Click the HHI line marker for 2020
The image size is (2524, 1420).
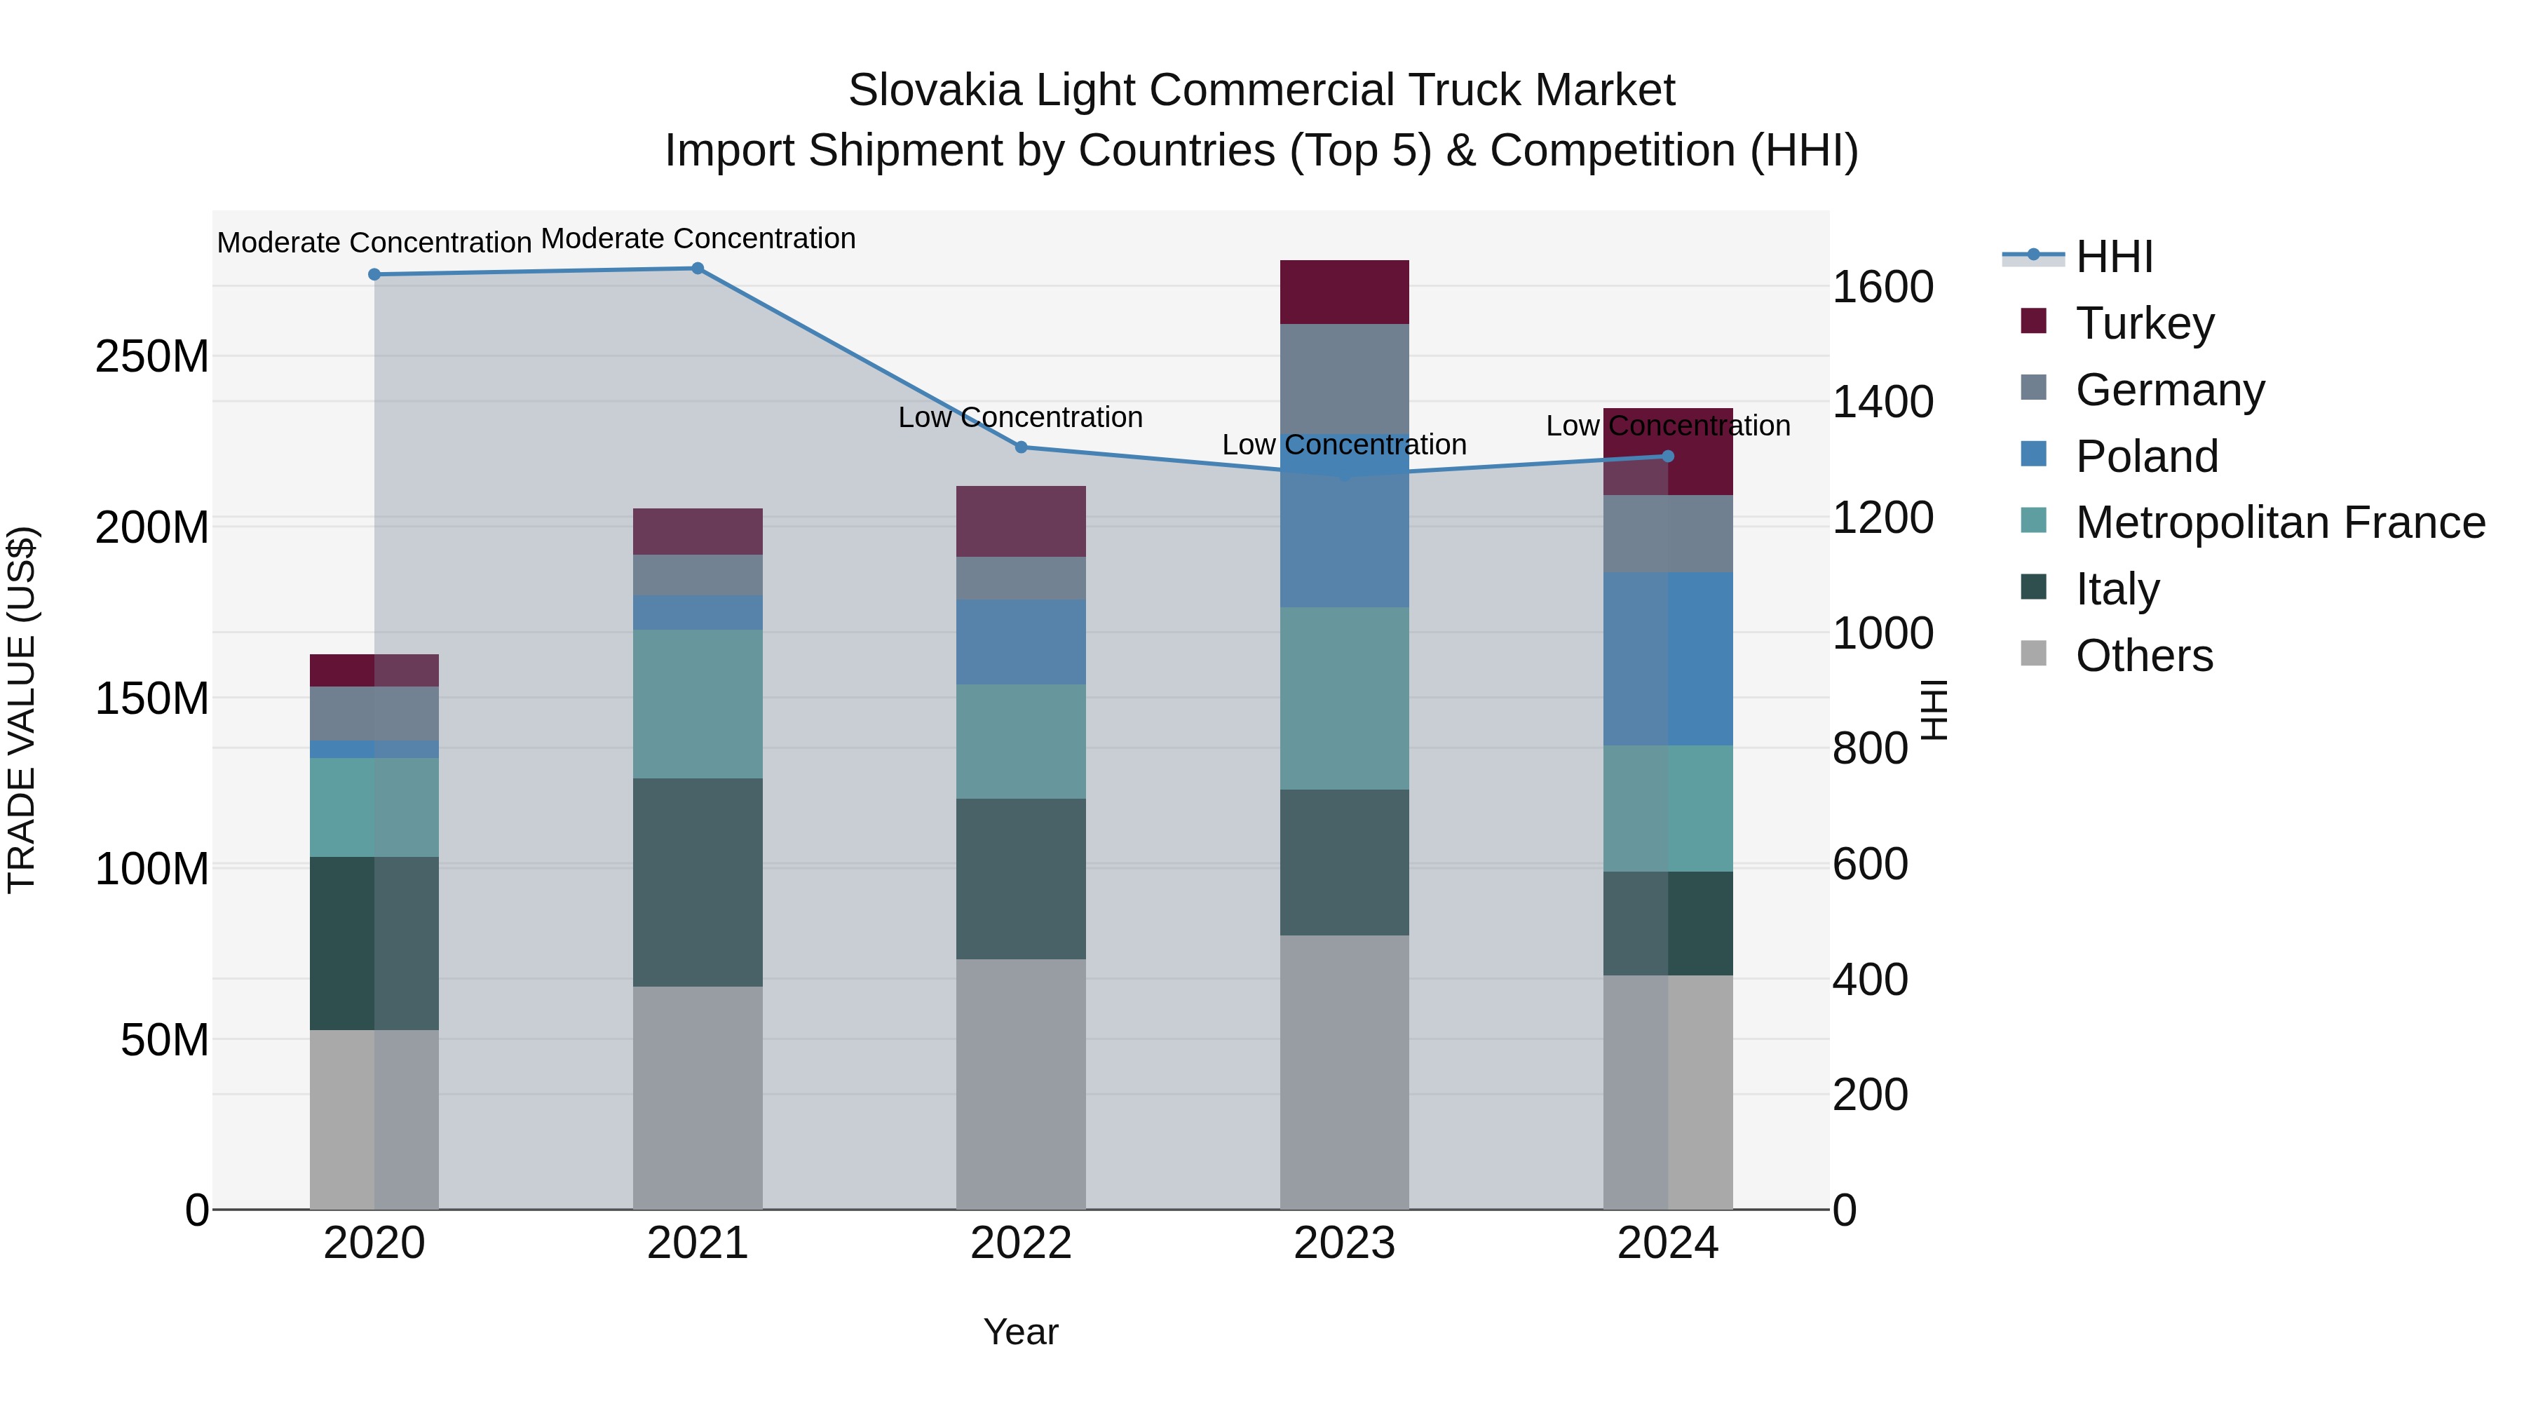tap(374, 274)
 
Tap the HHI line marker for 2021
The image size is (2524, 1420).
tap(698, 269)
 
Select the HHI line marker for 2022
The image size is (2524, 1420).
tap(1021, 447)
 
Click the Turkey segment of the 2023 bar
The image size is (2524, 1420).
tap(1344, 292)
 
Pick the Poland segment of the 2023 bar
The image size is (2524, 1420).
tap(1344, 520)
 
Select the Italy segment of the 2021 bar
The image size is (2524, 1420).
tap(698, 882)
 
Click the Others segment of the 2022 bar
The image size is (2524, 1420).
tap(1021, 1083)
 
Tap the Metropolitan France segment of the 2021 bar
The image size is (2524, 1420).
tap(698, 703)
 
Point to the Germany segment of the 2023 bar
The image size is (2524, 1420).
tap(1344, 378)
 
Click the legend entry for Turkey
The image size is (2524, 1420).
tap(2144, 323)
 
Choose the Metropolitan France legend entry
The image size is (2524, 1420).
tap(2279, 523)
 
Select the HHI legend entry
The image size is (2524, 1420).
tap(2113, 257)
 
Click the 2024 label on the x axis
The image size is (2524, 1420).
tap(1668, 1243)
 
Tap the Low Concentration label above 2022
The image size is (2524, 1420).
tap(1021, 417)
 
